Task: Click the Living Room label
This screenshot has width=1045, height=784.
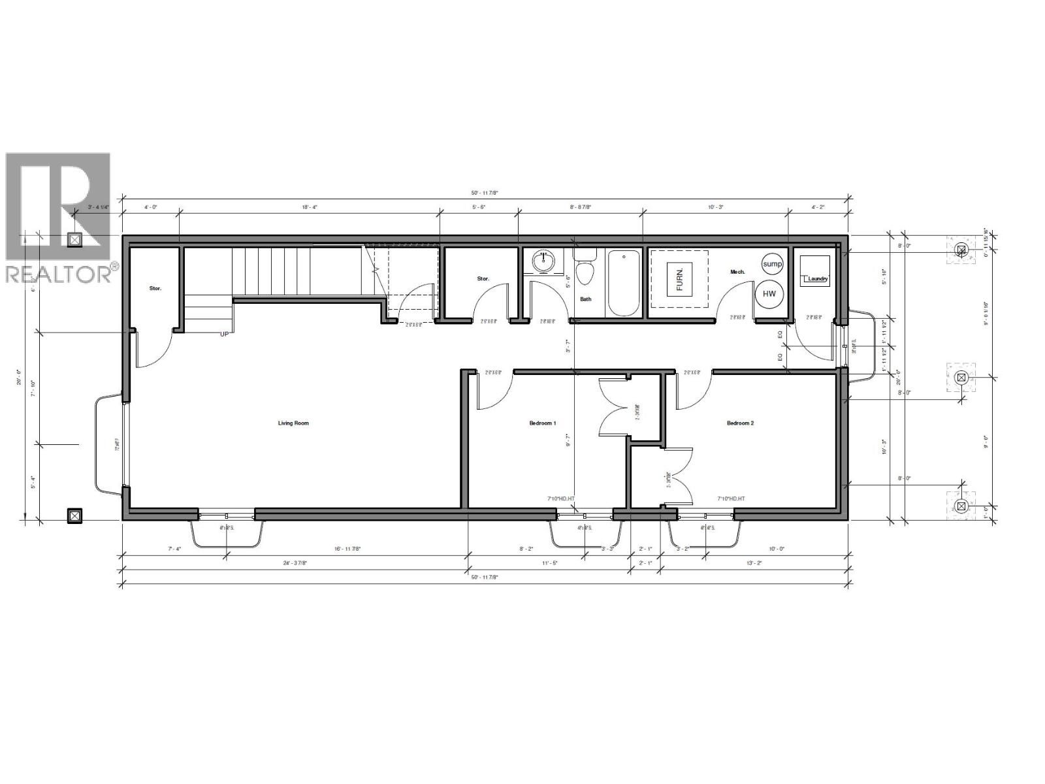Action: [x=293, y=423]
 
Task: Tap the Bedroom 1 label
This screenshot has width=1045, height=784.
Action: [x=542, y=423]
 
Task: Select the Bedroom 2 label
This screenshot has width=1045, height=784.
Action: [x=740, y=423]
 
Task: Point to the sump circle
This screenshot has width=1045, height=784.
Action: [x=772, y=264]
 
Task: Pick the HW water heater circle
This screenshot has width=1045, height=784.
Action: [x=769, y=294]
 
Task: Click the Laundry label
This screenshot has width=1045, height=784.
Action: [x=817, y=280]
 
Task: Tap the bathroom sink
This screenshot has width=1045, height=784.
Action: [x=543, y=263]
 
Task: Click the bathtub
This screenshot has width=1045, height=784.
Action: [x=624, y=284]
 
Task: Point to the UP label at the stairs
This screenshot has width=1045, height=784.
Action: [x=224, y=334]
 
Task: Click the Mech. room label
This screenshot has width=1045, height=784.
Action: [x=737, y=272]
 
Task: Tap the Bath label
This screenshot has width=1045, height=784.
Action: [x=586, y=299]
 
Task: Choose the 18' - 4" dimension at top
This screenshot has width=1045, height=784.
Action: [x=310, y=206]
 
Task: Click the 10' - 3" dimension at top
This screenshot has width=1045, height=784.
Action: [x=716, y=206]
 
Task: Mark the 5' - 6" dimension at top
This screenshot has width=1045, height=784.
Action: [x=479, y=206]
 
